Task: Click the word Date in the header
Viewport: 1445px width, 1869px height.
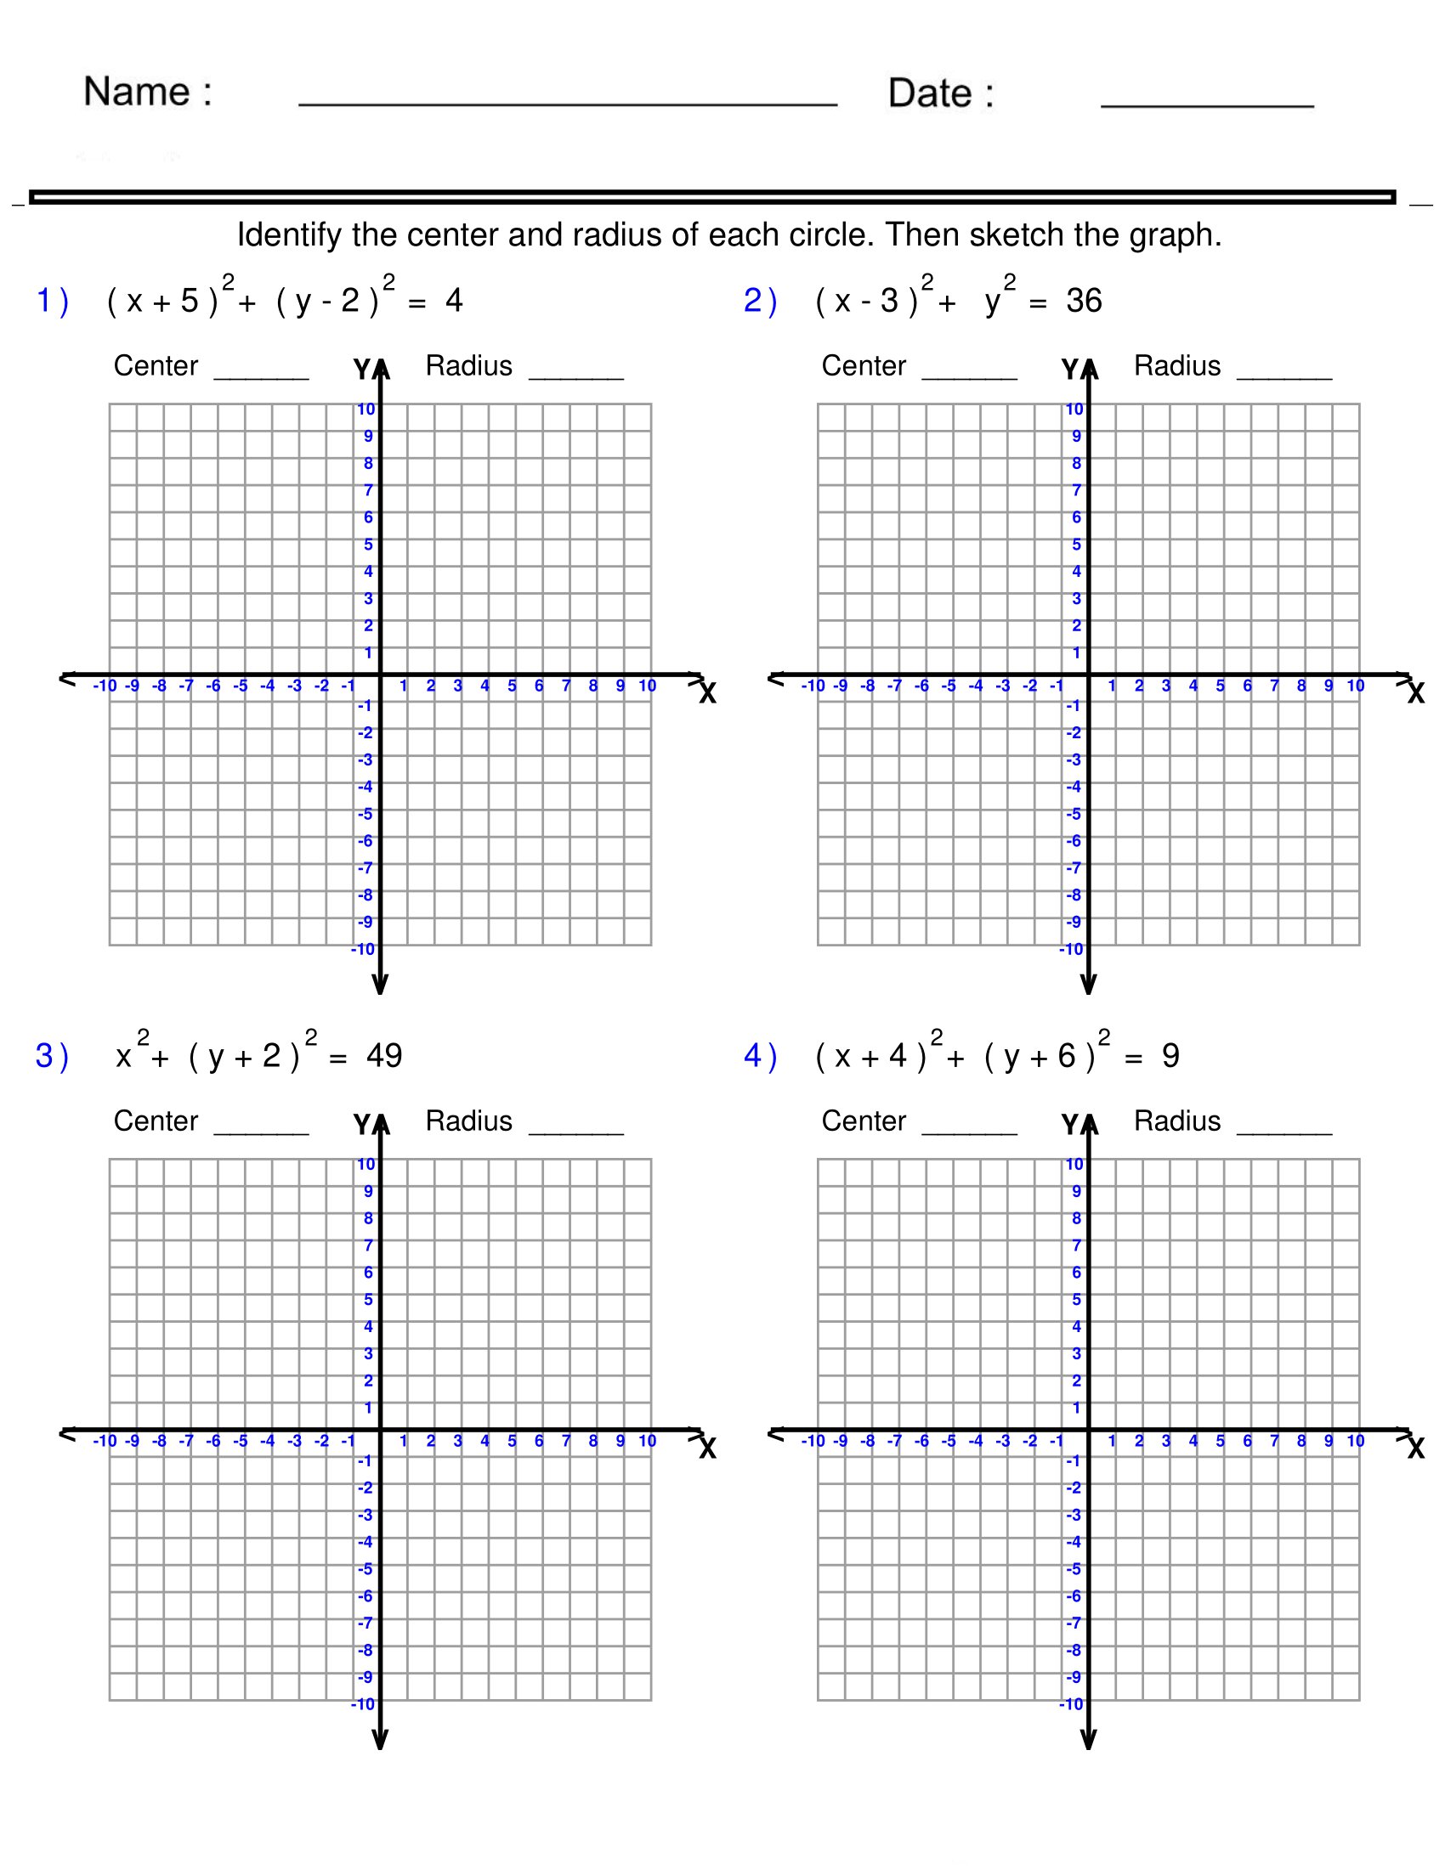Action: pyautogui.click(x=930, y=93)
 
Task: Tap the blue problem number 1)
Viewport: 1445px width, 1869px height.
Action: pyautogui.click(x=51, y=302)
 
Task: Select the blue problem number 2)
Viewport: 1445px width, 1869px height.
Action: pyautogui.click(x=759, y=302)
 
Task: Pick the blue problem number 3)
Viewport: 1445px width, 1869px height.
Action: pyautogui.click(x=51, y=1056)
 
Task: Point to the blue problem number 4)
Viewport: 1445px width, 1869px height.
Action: pyautogui.click(x=759, y=1056)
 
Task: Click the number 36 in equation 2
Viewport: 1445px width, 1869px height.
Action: pyautogui.click(x=1084, y=302)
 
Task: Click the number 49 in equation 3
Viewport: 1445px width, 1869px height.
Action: pyautogui.click(x=383, y=1056)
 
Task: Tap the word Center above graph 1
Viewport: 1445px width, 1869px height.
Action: pyautogui.click(x=156, y=366)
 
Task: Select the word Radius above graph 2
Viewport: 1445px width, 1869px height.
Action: pyautogui.click(x=1177, y=366)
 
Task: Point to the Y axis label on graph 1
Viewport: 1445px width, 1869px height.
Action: pyautogui.click(x=362, y=370)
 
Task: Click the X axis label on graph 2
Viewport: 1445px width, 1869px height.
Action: pyautogui.click(x=1416, y=693)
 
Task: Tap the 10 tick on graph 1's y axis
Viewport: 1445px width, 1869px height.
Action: pyautogui.click(x=365, y=409)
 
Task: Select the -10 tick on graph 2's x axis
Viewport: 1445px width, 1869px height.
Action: pyautogui.click(x=813, y=686)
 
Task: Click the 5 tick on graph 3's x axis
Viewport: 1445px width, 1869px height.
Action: pyautogui.click(x=512, y=1440)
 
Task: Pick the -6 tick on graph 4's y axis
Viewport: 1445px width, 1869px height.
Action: pyautogui.click(x=1074, y=1596)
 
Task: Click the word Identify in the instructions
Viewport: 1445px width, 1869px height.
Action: pyautogui.click(x=288, y=235)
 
